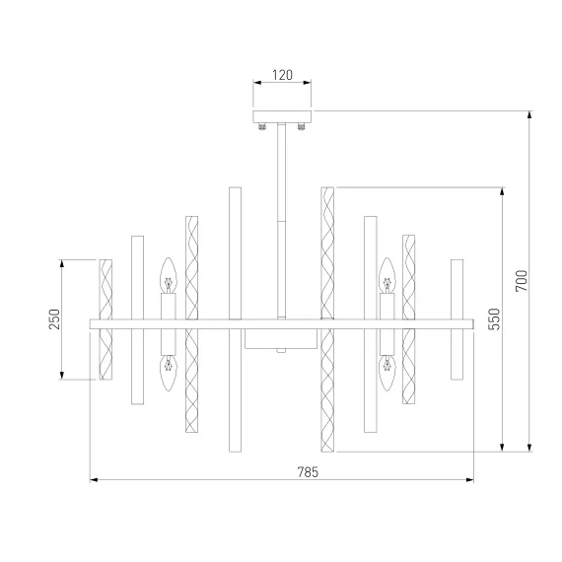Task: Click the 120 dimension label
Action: point(282,75)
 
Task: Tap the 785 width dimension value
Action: point(308,472)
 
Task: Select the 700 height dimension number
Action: point(522,281)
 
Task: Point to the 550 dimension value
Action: point(494,319)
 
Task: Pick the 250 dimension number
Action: point(54,319)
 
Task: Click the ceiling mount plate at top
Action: point(282,117)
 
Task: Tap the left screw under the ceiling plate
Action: point(262,126)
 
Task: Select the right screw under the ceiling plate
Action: point(301,126)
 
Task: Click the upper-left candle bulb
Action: point(168,275)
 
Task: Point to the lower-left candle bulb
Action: point(168,373)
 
